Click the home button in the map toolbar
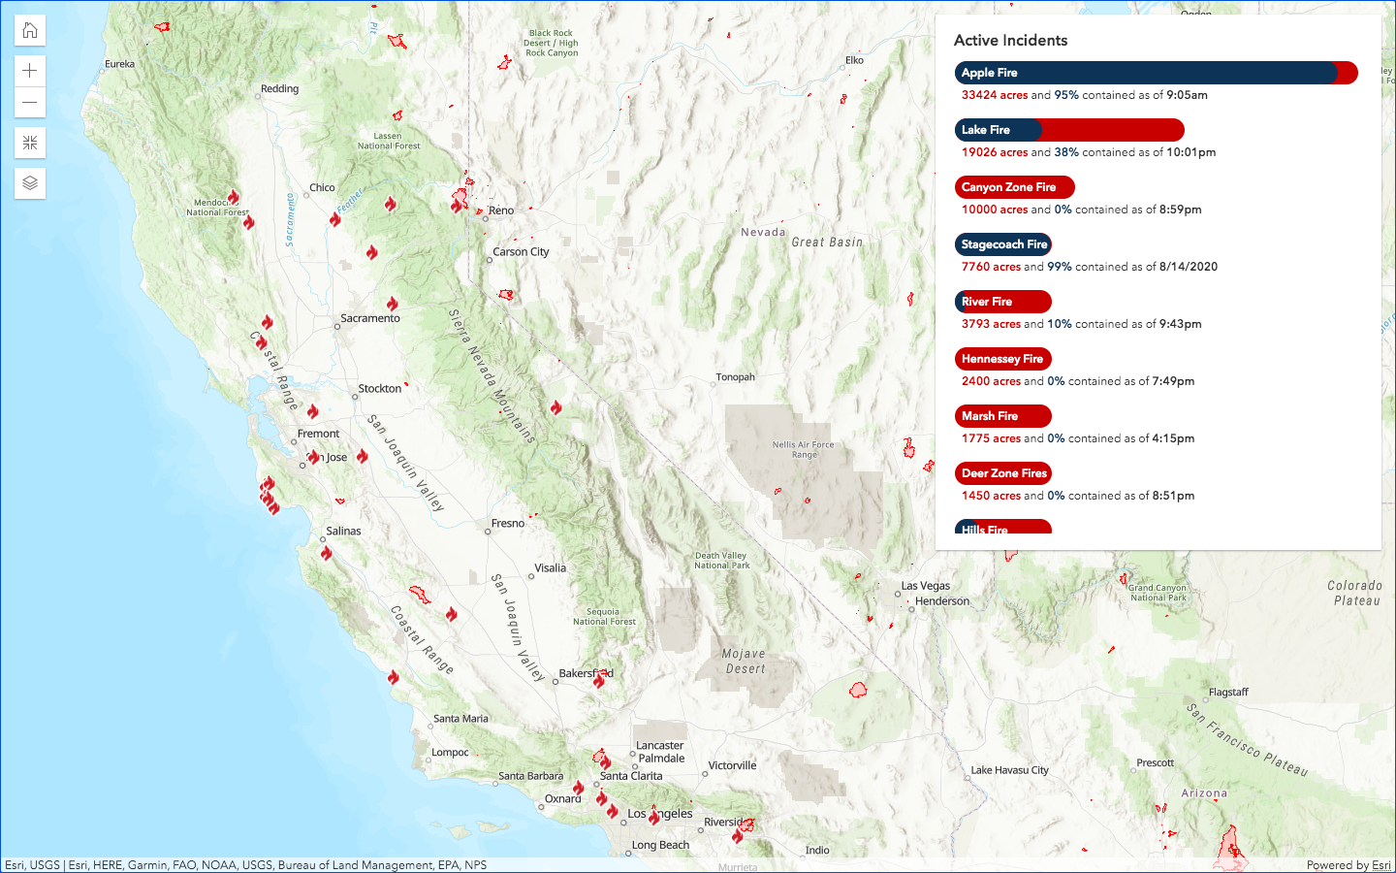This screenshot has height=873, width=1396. [x=30, y=30]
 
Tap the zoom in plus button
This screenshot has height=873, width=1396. [x=30, y=71]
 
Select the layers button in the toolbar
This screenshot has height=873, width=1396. [x=30, y=183]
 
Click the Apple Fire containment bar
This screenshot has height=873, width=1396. [x=1156, y=73]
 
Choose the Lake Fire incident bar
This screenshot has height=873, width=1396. [x=1069, y=130]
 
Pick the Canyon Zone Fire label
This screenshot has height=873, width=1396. [x=1014, y=187]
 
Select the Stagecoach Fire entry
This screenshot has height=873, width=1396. [x=1003, y=244]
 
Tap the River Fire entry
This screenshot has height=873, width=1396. [x=1002, y=302]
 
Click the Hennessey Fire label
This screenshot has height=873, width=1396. [x=1002, y=359]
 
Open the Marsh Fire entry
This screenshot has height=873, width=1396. [x=1002, y=416]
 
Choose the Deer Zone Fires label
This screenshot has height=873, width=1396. [x=1003, y=473]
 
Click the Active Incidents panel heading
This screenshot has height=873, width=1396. [x=1010, y=41]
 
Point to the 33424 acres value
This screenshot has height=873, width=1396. [x=994, y=95]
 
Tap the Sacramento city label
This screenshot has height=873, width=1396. [x=370, y=318]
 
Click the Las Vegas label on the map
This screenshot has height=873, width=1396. [x=926, y=586]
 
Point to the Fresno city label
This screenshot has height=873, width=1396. [x=508, y=524]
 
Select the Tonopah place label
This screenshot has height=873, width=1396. [x=735, y=377]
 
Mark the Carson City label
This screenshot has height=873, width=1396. [x=521, y=252]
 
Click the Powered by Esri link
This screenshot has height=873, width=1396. [x=1348, y=865]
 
